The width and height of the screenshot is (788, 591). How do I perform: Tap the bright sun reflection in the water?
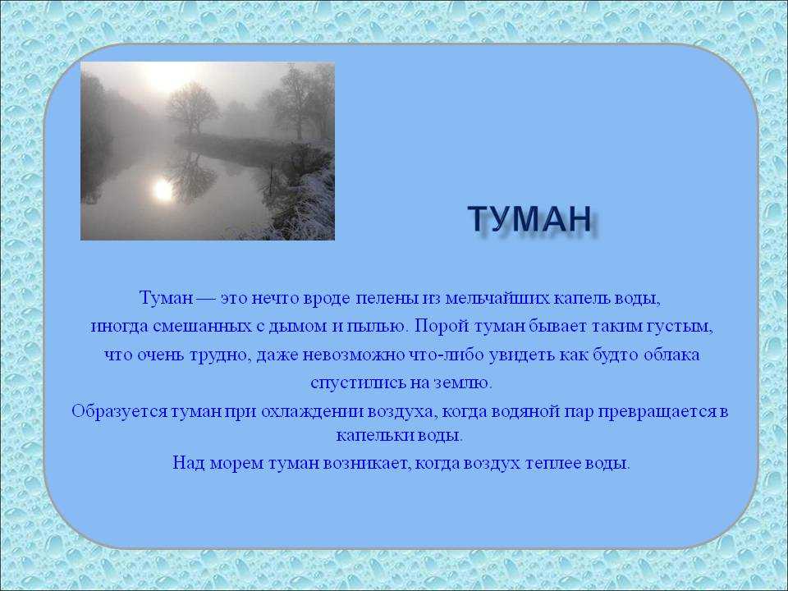(x=163, y=190)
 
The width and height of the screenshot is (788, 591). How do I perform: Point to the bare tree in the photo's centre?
(x=191, y=109)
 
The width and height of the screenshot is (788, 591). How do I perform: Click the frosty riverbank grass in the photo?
(x=301, y=206)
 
